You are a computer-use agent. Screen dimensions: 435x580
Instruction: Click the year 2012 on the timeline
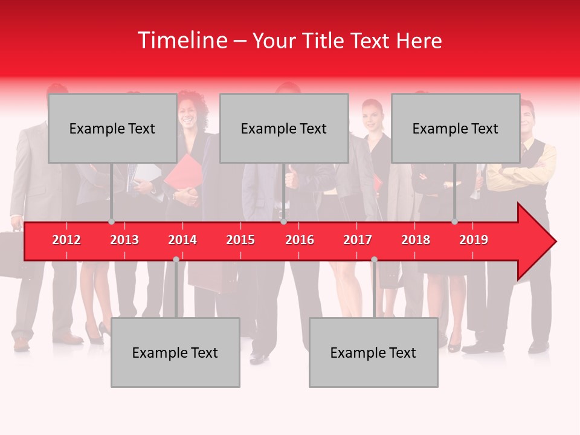[x=66, y=240]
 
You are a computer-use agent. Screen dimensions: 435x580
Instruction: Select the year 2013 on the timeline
[x=124, y=240]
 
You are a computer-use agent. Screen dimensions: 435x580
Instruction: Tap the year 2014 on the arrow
[x=182, y=240]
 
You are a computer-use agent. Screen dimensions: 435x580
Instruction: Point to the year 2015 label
[x=240, y=240]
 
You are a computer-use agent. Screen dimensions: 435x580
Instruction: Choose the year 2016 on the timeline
[x=300, y=240]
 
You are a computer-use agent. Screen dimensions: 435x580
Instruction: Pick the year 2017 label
[x=358, y=240]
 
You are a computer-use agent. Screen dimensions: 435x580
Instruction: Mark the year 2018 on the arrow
[x=416, y=240]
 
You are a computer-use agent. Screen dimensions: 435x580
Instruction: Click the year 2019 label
[x=474, y=240]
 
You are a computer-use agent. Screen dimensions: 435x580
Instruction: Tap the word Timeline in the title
[x=181, y=40]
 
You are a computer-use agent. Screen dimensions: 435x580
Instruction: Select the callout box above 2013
[x=112, y=128]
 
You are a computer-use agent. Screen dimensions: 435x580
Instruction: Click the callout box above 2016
[x=284, y=128]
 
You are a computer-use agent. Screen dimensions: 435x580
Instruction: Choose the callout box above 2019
[x=456, y=128]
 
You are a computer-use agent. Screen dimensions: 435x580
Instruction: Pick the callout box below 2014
[x=175, y=352]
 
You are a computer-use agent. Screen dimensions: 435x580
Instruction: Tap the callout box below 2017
[x=373, y=352]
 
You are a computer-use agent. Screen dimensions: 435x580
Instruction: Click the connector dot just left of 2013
[x=111, y=222]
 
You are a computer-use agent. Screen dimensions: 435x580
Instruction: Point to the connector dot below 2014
[x=176, y=259]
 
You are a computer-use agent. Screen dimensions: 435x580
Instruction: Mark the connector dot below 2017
[x=374, y=259]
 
